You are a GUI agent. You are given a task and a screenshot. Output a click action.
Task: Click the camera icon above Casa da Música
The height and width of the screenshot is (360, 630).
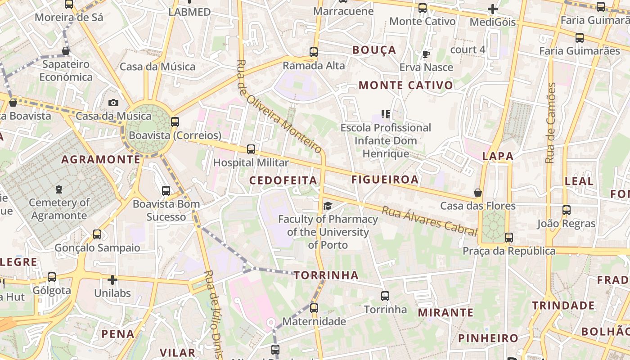click(x=113, y=103)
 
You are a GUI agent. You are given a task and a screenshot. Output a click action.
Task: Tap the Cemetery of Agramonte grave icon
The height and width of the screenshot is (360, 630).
click(x=59, y=189)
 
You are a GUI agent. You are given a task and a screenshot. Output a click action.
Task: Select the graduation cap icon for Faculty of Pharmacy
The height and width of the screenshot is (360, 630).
click(x=328, y=206)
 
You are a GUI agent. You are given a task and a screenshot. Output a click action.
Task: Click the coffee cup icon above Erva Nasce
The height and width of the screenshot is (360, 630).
click(x=426, y=54)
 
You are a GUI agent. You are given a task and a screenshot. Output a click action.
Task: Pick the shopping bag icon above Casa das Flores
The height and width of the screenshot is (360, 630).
click(x=478, y=193)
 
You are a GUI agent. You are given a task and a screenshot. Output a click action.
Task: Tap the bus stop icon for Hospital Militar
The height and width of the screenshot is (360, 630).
click(x=251, y=149)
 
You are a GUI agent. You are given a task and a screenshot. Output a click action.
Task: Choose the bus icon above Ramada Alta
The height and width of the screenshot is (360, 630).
click(x=314, y=52)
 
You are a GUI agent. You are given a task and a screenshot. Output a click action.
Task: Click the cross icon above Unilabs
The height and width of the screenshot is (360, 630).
click(x=112, y=280)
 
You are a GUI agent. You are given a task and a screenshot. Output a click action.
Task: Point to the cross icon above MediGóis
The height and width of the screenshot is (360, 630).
click(x=493, y=9)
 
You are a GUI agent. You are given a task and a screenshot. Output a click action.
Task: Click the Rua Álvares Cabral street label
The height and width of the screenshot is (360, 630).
click(x=429, y=221)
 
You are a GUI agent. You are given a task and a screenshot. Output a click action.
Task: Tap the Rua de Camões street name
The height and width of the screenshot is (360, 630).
click(x=550, y=122)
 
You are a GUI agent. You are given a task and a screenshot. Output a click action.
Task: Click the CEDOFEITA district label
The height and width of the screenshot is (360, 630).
click(x=283, y=180)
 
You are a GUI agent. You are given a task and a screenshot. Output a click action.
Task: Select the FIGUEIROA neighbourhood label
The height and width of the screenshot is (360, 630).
click(x=385, y=180)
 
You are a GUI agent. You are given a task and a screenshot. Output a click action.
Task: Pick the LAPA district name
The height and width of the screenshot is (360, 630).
click(x=498, y=156)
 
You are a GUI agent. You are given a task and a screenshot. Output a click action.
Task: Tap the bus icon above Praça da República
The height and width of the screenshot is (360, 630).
click(x=509, y=238)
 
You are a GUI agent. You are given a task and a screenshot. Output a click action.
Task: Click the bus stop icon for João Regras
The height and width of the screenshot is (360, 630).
click(x=567, y=210)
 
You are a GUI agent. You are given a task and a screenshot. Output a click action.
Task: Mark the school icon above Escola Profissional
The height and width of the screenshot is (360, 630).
click(x=386, y=114)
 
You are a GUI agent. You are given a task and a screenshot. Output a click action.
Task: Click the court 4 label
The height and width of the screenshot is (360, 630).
click(x=468, y=49)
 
